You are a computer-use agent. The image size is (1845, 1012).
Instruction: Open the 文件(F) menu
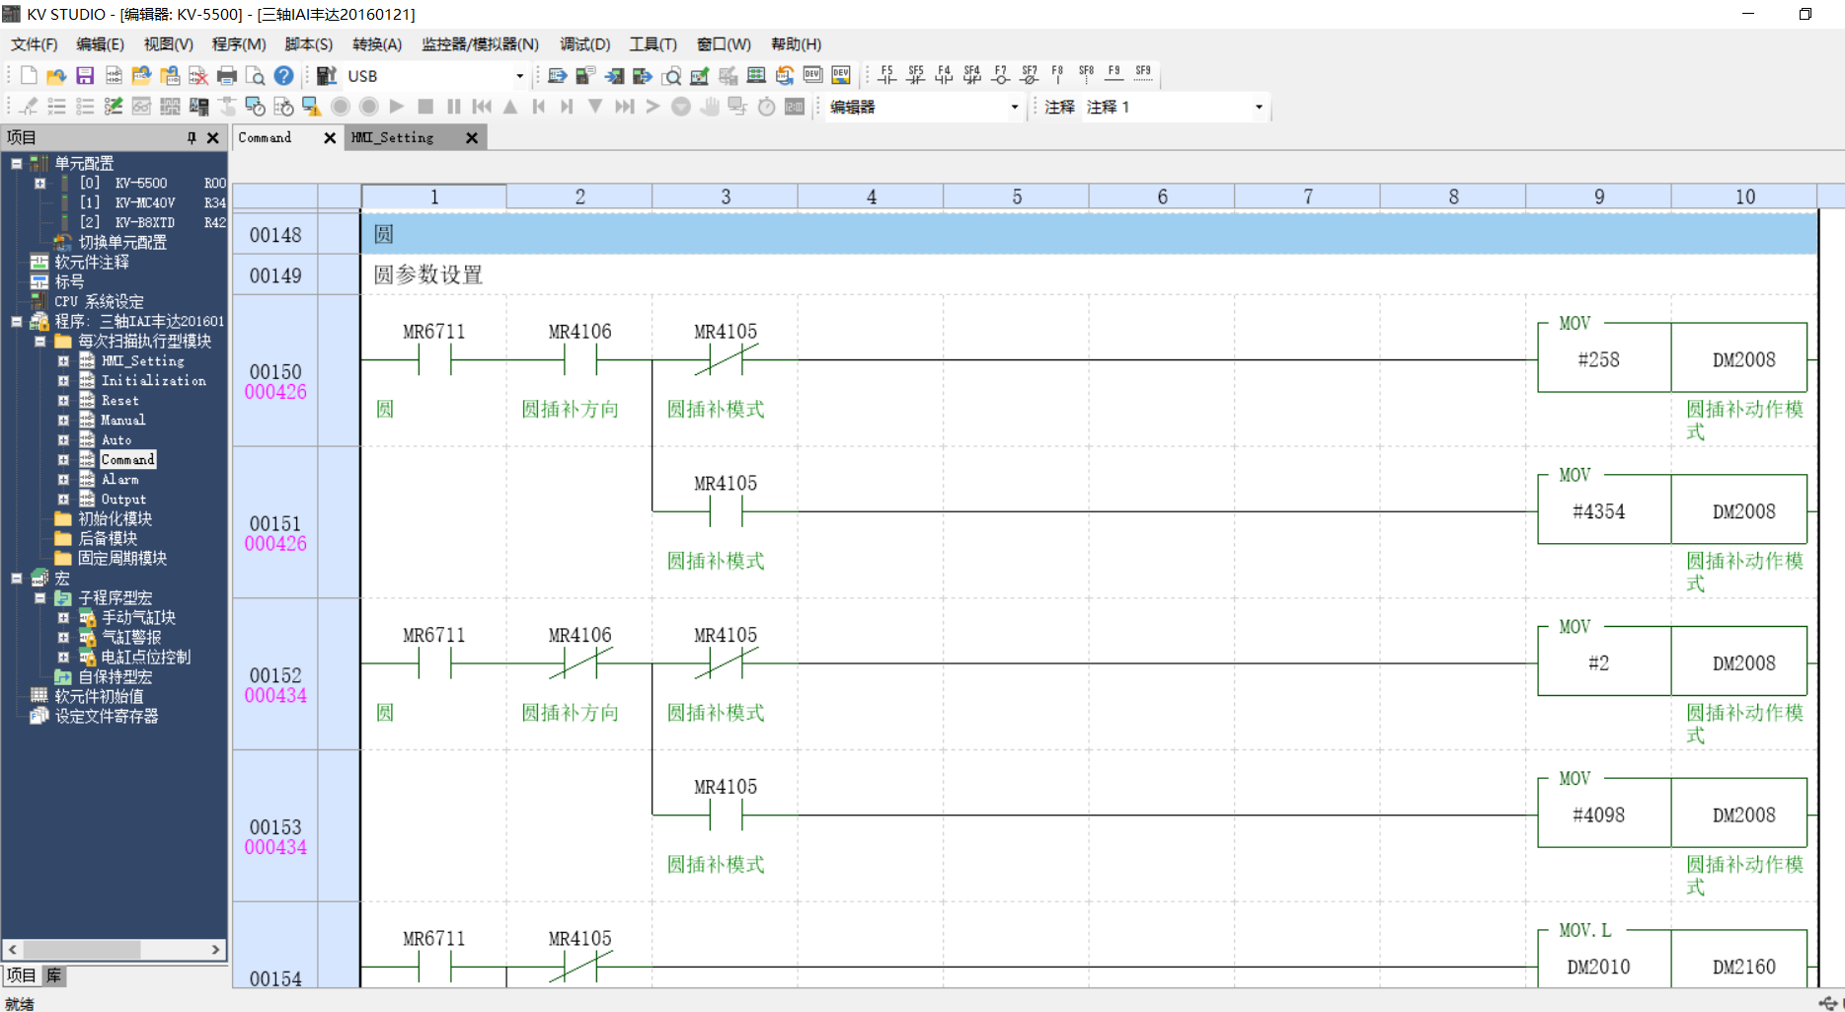pos(34,44)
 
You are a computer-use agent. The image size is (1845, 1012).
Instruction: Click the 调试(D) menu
pos(584,44)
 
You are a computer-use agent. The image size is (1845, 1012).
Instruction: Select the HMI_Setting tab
pos(393,138)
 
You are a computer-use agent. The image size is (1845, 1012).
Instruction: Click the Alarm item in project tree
pos(119,480)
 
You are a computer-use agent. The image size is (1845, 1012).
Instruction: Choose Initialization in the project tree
pos(153,381)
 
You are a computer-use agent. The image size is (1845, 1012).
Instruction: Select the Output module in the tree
pos(123,500)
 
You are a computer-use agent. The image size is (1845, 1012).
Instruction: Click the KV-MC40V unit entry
pos(144,203)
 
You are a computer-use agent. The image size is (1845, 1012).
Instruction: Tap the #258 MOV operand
pos(1598,360)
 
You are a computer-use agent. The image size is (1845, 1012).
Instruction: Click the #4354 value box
pos(1598,512)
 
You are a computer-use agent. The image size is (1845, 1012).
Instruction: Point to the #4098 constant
pos(1598,816)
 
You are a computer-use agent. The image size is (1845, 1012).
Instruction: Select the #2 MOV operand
pos(1598,663)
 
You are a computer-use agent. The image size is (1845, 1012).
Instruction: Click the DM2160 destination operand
pos(1743,968)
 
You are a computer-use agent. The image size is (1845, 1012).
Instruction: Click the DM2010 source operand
pos(1598,968)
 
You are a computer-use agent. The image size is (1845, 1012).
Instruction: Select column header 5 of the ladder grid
pos(1017,197)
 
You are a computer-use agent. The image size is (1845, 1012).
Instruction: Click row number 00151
pos(274,523)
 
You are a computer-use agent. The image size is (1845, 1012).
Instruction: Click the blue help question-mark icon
pos(283,76)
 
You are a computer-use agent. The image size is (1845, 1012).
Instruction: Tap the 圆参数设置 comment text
pos(428,275)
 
